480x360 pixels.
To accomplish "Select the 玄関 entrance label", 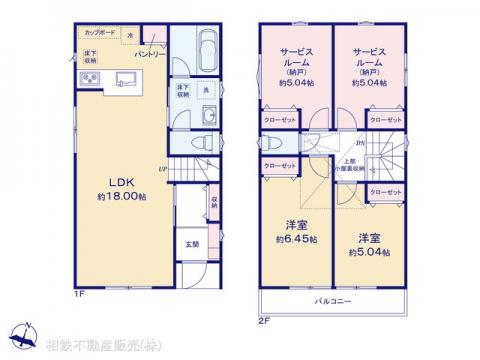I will point(191,241).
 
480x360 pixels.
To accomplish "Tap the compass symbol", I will point(20,341).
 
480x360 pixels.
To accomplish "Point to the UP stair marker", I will point(162,168).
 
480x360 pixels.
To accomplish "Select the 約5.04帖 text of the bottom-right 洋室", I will point(370,253).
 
